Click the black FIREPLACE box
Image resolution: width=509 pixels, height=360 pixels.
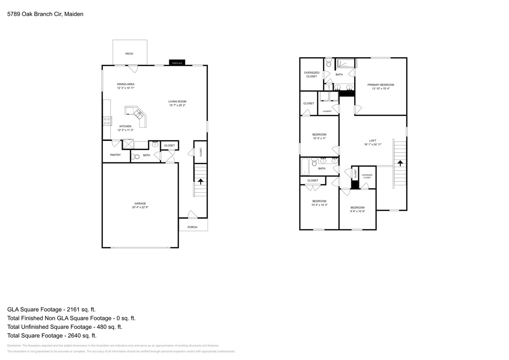tap(177, 63)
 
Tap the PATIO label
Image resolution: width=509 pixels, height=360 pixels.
tap(129, 54)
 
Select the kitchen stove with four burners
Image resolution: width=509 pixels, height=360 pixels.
tap(107, 121)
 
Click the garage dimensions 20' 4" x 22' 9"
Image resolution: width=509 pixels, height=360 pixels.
tap(140, 207)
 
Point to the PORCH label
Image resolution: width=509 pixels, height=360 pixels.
tap(192, 227)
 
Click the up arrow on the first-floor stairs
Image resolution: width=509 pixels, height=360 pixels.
tap(200, 181)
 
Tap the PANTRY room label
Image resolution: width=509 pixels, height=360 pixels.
tap(115, 155)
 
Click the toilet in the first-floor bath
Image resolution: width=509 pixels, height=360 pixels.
tap(136, 156)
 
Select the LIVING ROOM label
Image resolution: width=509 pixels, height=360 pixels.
tap(177, 102)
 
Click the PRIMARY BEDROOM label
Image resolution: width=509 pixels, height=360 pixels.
tap(381, 85)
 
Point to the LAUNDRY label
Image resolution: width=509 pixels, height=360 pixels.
tap(327, 111)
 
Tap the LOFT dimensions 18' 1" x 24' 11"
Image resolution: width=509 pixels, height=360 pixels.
tap(373, 144)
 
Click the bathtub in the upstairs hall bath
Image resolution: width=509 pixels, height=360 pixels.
tap(305, 167)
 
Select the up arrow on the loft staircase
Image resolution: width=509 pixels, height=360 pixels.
tap(399, 163)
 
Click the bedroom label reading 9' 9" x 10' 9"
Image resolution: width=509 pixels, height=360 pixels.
tap(357, 211)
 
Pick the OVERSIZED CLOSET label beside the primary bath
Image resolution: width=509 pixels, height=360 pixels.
tap(311, 74)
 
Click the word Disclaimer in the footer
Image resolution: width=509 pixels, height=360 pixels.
tap(14, 346)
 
